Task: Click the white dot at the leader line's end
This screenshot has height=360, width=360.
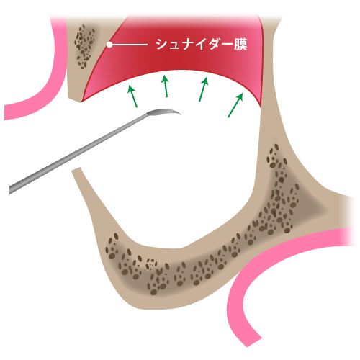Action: pos(109,45)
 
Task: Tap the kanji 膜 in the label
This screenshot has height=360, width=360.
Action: pos(240,44)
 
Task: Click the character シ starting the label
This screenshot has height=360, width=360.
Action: pos(162,44)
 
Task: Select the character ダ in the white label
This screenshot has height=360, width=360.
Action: pos(215,44)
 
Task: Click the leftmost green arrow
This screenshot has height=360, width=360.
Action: pos(132,96)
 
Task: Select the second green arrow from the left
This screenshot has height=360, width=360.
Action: pos(165,86)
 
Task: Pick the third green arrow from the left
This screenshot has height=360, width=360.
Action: pos(204,89)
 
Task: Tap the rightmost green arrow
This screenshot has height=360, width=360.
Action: pos(235,105)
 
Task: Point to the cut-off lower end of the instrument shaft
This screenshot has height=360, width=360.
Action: pos(11,189)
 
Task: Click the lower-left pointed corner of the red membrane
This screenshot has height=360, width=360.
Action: pos(82,102)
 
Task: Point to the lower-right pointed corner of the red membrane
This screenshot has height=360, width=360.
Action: pos(261,107)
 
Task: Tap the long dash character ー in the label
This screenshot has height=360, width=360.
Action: pos(228,44)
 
